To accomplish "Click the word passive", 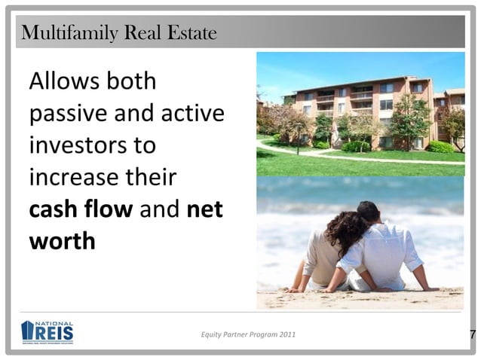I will pos(67,115).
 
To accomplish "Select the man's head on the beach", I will pos(369,213).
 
